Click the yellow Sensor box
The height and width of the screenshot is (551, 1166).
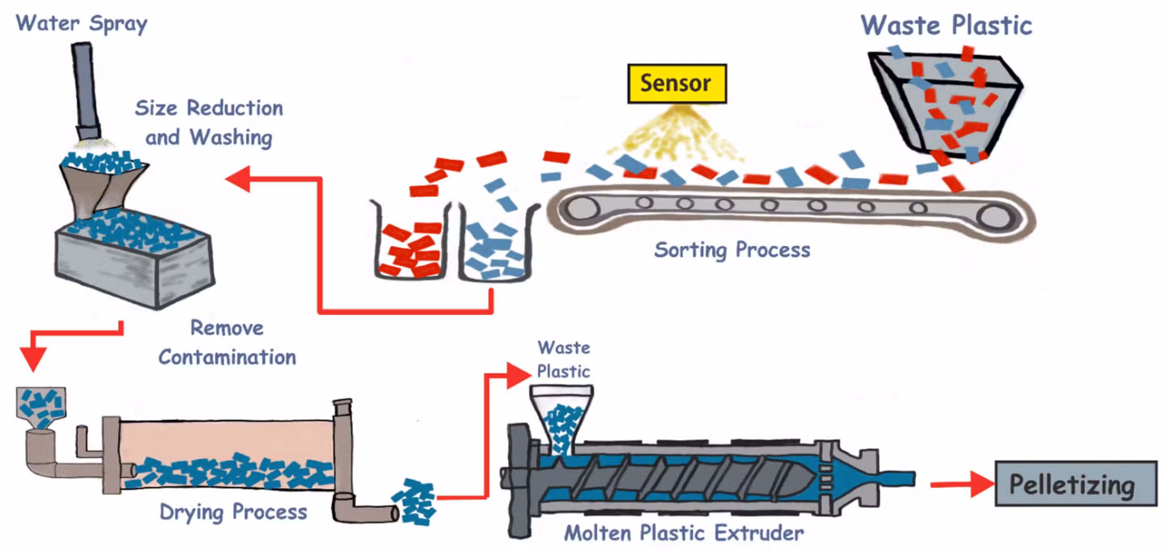[x=677, y=84]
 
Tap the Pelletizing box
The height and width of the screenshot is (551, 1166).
[x=1075, y=483]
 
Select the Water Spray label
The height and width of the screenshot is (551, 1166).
[x=81, y=23]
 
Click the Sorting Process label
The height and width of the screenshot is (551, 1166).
[x=732, y=250]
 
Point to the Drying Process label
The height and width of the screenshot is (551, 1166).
[x=233, y=513]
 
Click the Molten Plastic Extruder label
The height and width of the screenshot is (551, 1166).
[x=683, y=533]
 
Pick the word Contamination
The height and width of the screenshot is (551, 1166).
[x=227, y=357]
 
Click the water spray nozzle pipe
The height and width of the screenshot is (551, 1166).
[x=86, y=91]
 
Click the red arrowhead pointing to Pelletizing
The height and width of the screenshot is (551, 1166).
[x=982, y=485]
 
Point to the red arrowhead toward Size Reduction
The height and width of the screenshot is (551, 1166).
[x=238, y=179]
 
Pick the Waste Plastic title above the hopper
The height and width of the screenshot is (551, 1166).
[x=946, y=25]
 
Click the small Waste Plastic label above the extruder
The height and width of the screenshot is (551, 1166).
[x=564, y=360]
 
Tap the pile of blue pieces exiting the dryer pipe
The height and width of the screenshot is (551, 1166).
[x=414, y=502]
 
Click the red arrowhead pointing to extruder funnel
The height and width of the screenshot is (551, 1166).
[x=518, y=375]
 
